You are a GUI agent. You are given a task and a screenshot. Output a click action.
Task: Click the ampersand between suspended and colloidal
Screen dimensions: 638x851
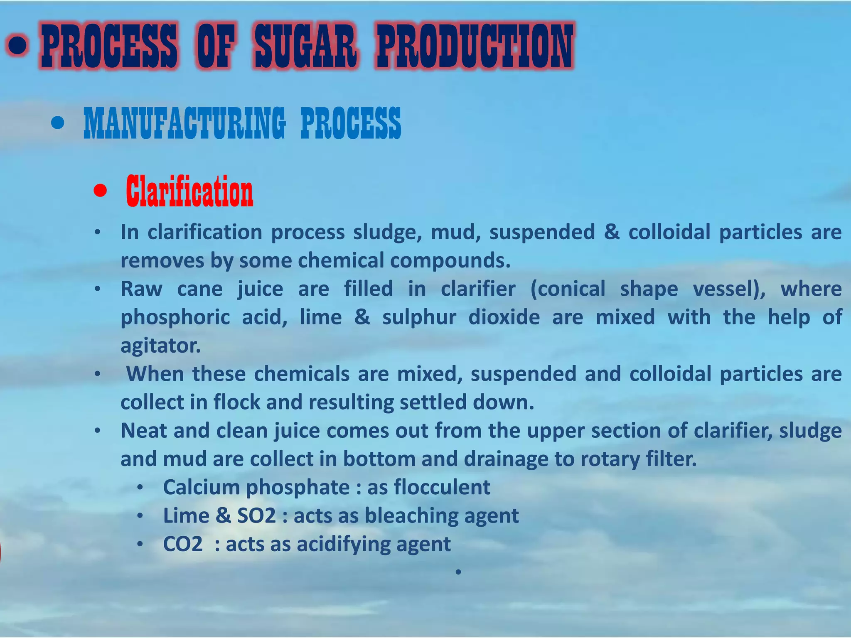coord(612,232)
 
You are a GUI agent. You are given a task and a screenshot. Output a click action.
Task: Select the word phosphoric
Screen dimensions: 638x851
coord(175,317)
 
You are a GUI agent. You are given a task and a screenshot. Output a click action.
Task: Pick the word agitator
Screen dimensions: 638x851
coord(160,346)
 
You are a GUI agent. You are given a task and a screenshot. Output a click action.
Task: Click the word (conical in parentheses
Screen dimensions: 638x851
coord(568,289)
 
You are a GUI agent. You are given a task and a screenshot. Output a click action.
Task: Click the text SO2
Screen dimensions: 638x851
coord(256,516)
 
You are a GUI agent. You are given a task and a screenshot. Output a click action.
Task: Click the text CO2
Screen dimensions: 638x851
coord(183,544)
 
